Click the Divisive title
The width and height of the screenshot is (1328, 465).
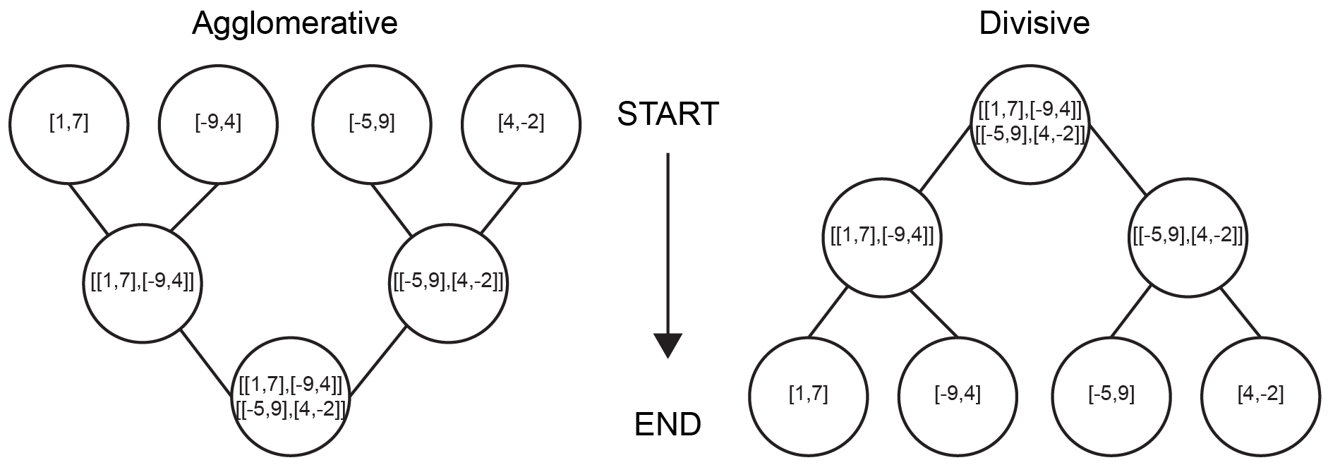pos(1034,24)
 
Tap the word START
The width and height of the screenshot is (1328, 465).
pos(668,114)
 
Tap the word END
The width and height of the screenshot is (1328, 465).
pos(668,424)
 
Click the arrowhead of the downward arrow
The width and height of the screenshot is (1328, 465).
pos(668,345)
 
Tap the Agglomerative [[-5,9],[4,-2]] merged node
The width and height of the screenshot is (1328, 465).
pos(448,283)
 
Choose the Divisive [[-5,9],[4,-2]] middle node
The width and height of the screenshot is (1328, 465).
pos(1186,235)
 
